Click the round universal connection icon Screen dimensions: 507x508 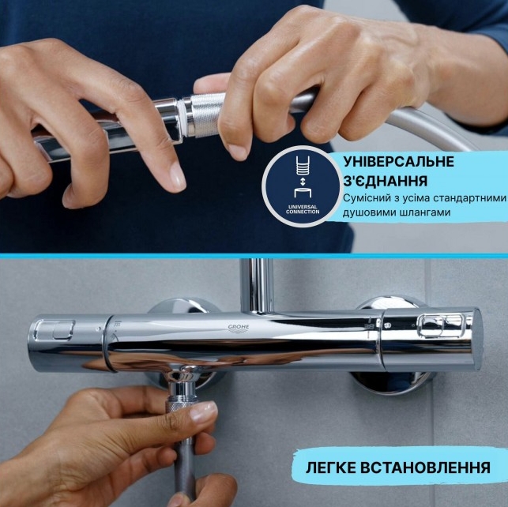coord(303,188)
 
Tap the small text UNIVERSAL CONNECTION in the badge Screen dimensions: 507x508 coord(303,209)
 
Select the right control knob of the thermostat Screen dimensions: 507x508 coord(431,337)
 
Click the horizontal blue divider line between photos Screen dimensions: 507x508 coord(254,256)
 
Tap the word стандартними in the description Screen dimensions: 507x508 coord(462,199)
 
